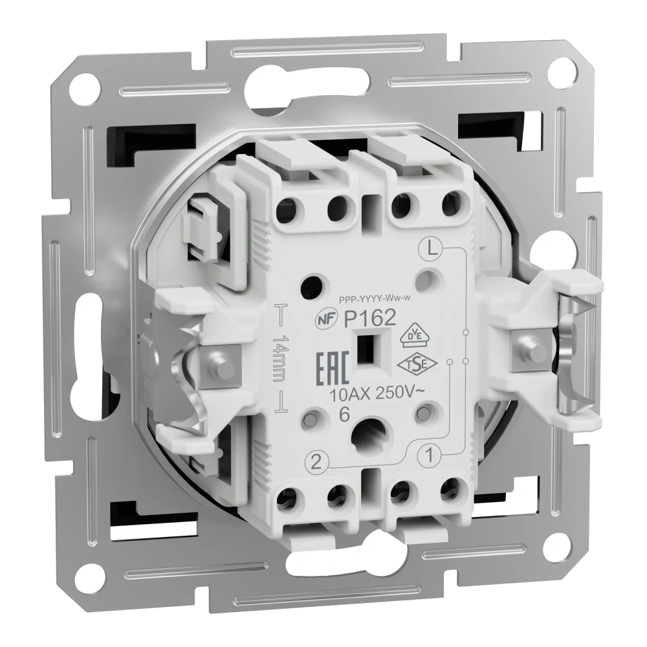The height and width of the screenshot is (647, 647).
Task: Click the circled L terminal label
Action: [431, 248]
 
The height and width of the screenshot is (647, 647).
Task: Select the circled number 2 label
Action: [316, 463]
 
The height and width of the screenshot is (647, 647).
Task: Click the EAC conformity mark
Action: [333, 369]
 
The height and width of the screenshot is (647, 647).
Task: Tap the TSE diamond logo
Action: [417, 363]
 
